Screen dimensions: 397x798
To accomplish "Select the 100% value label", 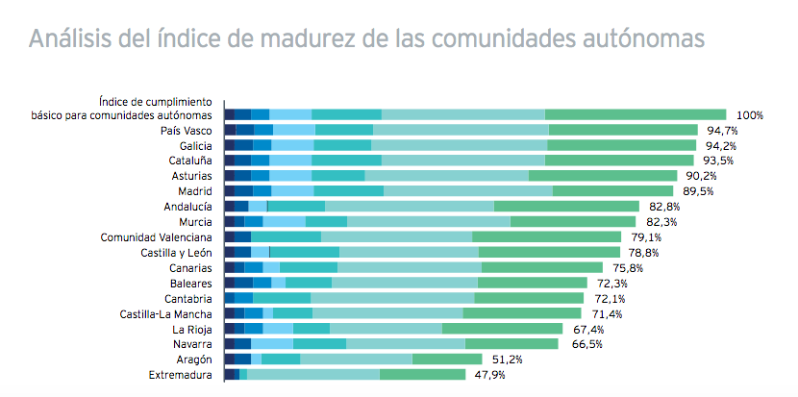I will tap(749, 115).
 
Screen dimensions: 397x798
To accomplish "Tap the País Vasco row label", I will tap(187, 130).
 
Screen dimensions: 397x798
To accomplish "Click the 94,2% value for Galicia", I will tap(720, 146).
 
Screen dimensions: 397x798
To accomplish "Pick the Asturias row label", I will tap(190, 177).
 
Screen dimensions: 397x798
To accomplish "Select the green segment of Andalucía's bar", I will tap(566, 206).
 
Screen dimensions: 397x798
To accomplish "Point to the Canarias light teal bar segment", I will tap(409, 267).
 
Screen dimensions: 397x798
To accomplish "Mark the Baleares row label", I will tap(190, 284).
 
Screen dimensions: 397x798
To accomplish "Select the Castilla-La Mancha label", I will tap(165, 313).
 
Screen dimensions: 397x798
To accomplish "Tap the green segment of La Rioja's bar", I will tap(503, 328).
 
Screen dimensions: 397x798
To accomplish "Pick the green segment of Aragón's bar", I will tap(447, 359).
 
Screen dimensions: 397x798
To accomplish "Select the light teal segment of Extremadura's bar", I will tap(313, 374).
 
